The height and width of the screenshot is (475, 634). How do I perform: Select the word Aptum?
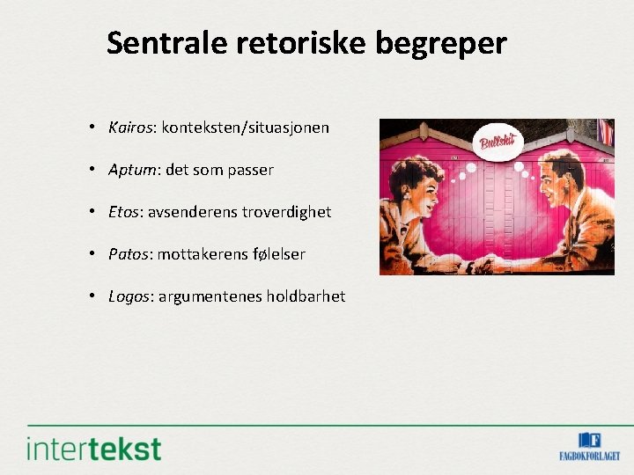(x=131, y=170)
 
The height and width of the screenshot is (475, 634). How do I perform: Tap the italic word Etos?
(x=125, y=212)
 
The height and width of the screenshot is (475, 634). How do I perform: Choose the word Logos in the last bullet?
(x=129, y=296)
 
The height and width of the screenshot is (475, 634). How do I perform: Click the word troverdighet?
(x=287, y=212)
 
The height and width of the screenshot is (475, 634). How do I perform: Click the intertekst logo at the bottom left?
(x=94, y=448)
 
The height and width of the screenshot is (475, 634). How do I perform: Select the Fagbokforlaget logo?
(x=589, y=446)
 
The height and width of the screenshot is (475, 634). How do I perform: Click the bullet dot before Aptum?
(x=92, y=170)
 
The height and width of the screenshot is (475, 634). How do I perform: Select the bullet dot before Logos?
(x=92, y=296)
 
